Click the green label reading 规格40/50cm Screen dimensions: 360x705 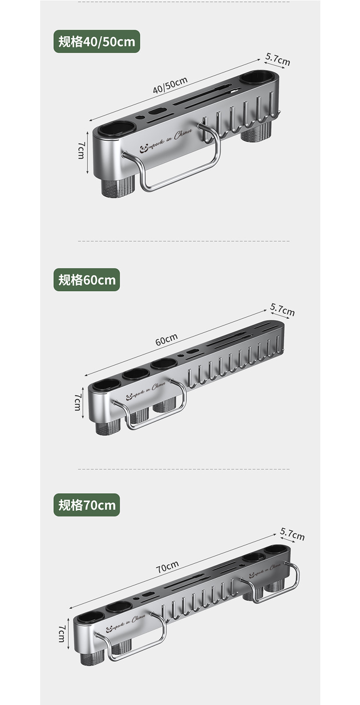[x=97, y=41]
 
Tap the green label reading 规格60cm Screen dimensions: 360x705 [x=87, y=280]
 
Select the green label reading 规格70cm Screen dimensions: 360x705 [x=87, y=505]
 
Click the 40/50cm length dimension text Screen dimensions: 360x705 [x=170, y=85]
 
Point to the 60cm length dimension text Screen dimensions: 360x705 [x=166, y=339]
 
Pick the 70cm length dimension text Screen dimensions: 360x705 [x=167, y=567]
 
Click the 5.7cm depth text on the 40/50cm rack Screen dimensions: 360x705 [x=278, y=60]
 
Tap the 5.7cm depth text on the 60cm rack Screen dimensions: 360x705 [x=283, y=310]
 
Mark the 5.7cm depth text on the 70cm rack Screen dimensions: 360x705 [x=292, y=534]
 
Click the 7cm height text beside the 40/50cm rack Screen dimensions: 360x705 [x=81, y=150]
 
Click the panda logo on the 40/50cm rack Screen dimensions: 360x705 [x=144, y=148]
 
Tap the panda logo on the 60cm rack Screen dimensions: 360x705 [x=129, y=397]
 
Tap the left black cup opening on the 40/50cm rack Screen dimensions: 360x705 [x=116, y=129]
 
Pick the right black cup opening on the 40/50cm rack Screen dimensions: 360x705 [x=258, y=77]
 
